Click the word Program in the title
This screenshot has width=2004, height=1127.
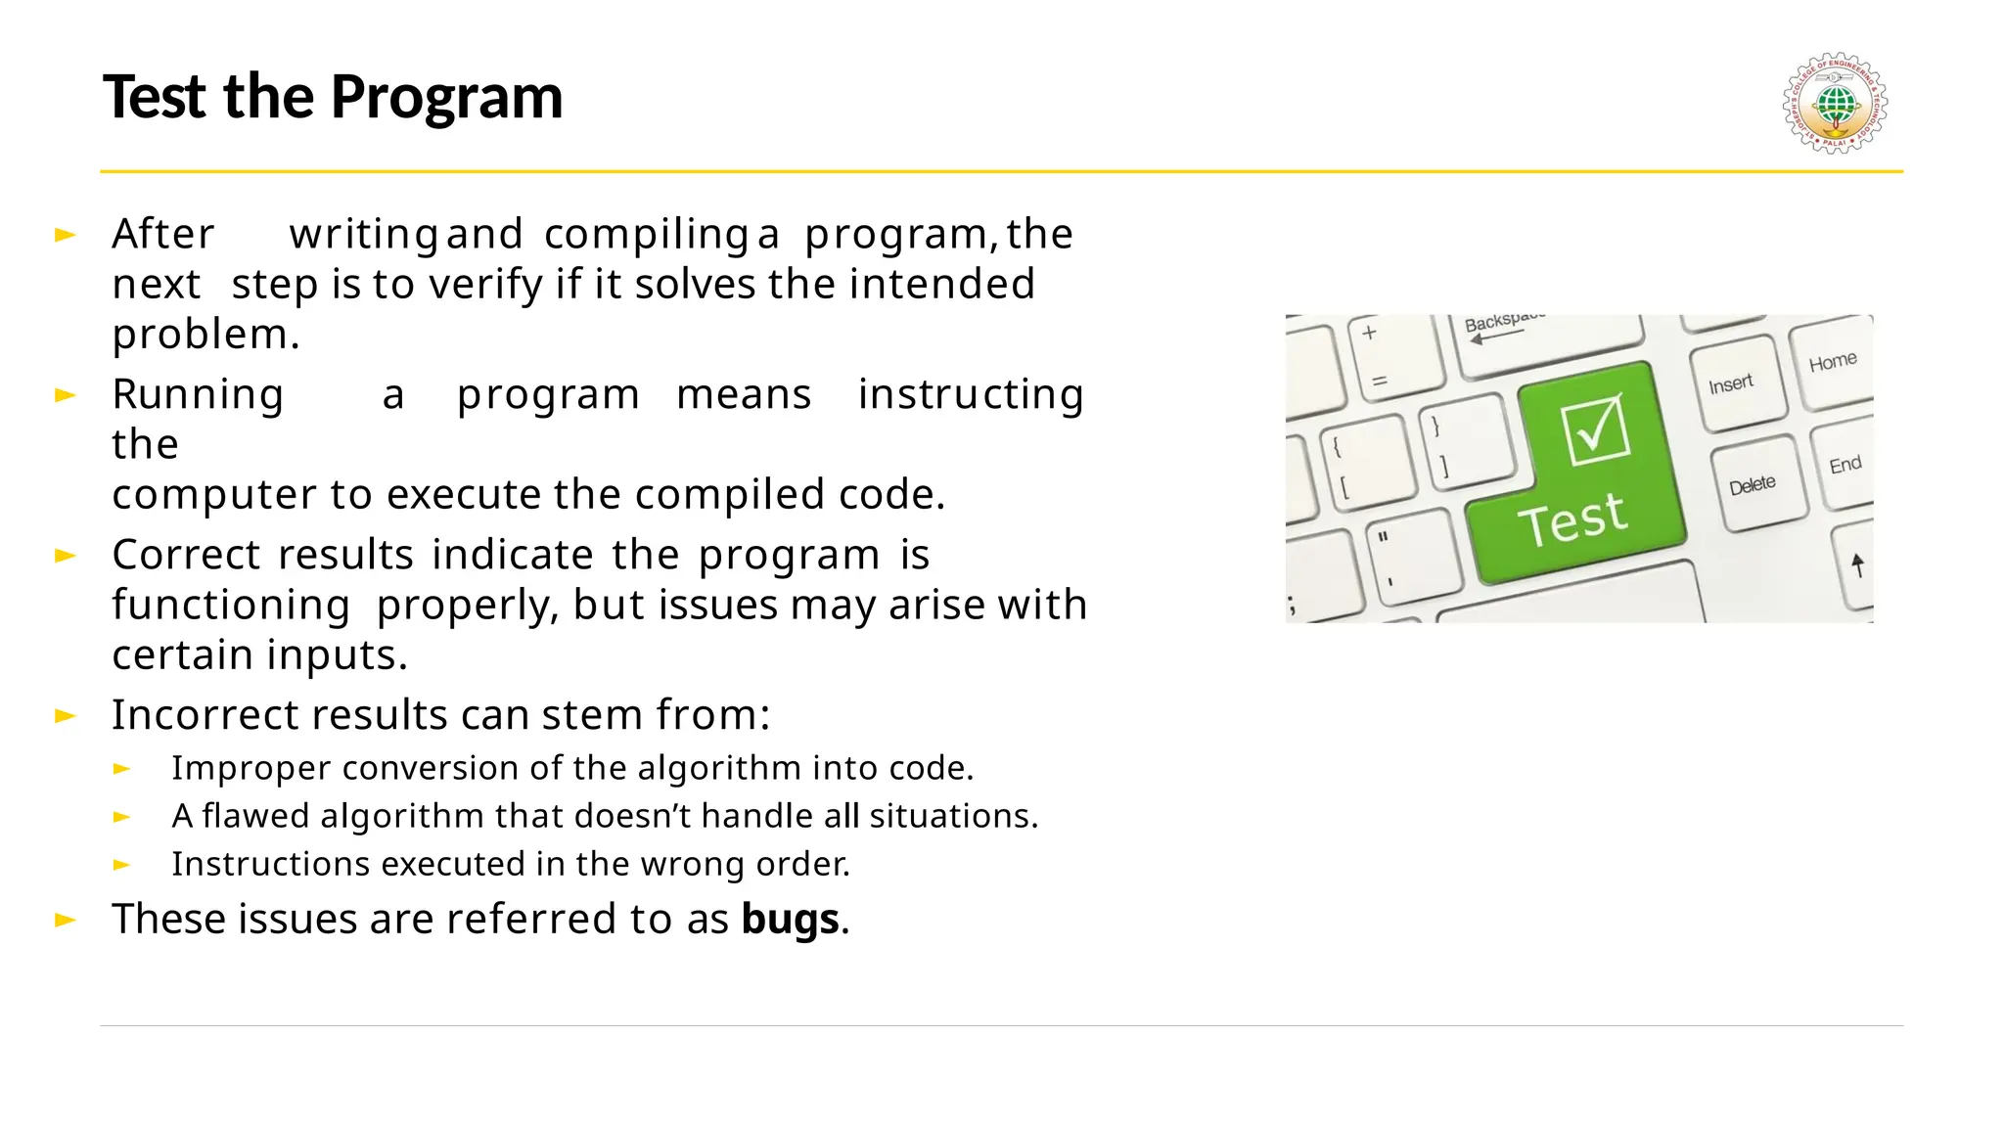[446, 98]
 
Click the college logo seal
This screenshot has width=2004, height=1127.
[1835, 103]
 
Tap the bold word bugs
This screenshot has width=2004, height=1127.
[790, 920]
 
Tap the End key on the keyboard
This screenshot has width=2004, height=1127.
[1845, 466]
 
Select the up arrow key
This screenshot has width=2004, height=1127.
[1857, 564]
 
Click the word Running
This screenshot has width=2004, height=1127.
[198, 395]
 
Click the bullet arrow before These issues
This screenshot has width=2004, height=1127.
[66, 920]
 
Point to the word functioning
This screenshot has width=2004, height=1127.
[231, 605]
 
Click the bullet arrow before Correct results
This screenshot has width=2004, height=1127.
[66, 556]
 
